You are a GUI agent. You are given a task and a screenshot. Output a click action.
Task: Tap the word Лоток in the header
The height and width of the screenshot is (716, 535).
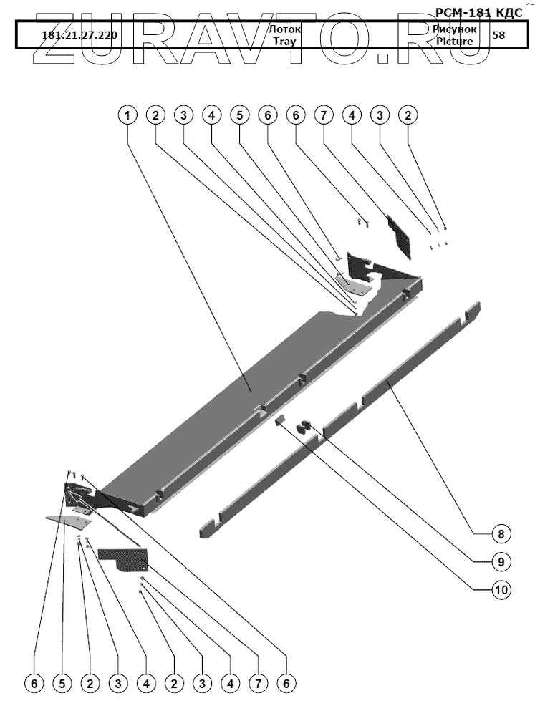pos(284,29)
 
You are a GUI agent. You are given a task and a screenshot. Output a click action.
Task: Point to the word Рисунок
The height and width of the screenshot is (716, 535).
pos(453,29)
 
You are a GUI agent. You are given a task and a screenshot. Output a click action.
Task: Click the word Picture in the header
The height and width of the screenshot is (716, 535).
pos(453,42)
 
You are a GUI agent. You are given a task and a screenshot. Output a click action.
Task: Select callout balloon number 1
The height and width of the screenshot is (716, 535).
pos(127,115)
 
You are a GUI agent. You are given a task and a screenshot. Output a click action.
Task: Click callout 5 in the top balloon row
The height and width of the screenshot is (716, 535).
pos(239,115)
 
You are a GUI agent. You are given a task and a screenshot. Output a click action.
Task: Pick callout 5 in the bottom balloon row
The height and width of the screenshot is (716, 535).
pos(62,684)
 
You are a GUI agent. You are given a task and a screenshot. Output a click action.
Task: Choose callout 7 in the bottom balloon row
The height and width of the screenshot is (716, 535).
pos(258,684)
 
